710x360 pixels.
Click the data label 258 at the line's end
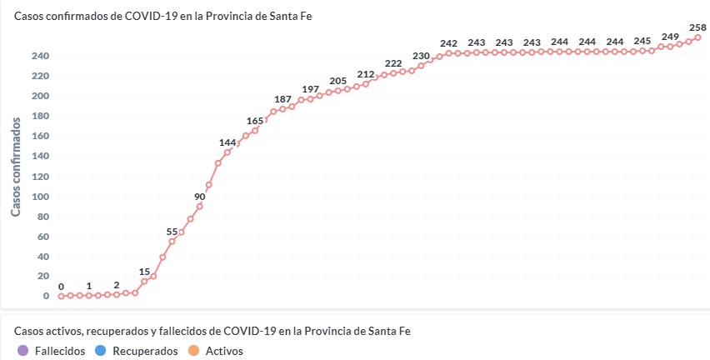click(x=697, y=27)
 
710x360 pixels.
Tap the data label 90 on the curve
click(x=200, y=197)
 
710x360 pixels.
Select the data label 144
click(x=227, y=142)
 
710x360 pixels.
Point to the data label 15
click(x=144, y=272)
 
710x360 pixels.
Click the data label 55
click(x=172, y=232)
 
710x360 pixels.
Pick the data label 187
click(x=282, y=99)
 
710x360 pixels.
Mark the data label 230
click(x=421, y=56)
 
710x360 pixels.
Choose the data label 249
click(x=670, y=37)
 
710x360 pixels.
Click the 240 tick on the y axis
click(x=41, y=56)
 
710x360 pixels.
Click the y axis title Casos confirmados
click(x=16, y=167)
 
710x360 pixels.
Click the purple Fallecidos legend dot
click(x=22, y=351)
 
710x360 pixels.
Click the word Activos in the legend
click(x=224, y=351)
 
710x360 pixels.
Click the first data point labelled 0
click(x=61, y=296)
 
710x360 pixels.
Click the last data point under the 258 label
click(x=697, y=37)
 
